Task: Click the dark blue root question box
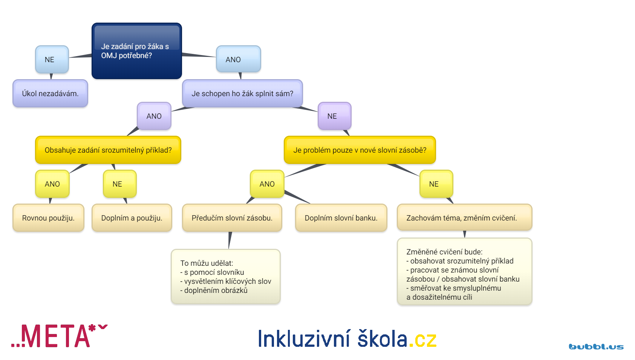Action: (137, 51)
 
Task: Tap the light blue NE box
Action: (52, 60)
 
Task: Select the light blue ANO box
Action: (239, 59)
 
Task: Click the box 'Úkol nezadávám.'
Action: (50, 93)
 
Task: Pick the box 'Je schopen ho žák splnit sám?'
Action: (242, 93)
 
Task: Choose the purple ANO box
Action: (154, 116)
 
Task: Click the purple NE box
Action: (335, 116)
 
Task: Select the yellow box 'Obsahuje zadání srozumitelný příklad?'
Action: (108, 150)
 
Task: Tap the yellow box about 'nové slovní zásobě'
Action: (360, 150)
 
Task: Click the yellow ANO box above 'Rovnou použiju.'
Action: (52, 184)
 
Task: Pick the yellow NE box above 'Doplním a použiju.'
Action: (119, 184)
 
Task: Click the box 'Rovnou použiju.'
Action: (48, 218)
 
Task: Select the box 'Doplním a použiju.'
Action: (132, 218)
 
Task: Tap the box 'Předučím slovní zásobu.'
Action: (232, 218)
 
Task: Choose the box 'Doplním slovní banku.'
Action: (341, 218)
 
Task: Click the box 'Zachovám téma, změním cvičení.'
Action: (465, 217)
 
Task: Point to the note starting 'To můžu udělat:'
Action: (226, 277)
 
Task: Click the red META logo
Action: (60, 336)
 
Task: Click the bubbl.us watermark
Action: (596, 347)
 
